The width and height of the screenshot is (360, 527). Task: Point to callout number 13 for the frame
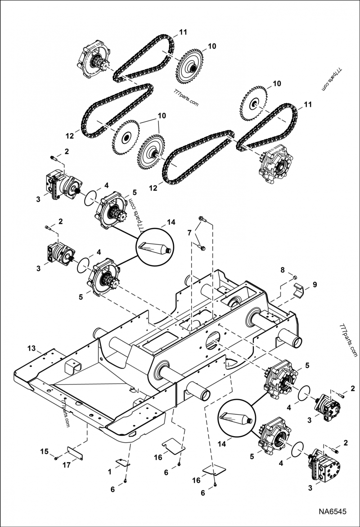[31, 348]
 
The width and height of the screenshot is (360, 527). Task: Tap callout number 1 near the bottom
[110, 472]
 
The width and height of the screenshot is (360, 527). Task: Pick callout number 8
[282, 270]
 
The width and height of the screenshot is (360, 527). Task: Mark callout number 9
[315, 284]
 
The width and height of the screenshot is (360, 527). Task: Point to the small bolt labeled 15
[55, 458]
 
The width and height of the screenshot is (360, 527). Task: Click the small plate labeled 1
[122, 463]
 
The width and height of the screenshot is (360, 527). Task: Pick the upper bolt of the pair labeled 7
[202, 220]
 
